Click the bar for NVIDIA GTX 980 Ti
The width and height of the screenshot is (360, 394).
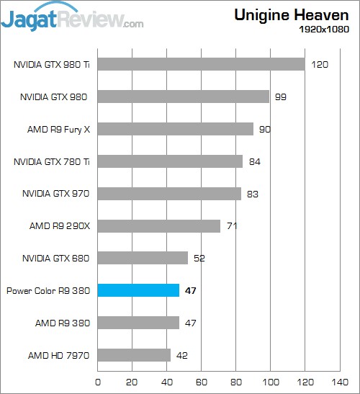click(201, 64)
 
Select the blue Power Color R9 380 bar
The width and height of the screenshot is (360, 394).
click(138, 290)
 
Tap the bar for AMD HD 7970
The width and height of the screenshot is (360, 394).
click(134, 355)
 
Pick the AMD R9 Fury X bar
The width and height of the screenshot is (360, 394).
click(175, 129)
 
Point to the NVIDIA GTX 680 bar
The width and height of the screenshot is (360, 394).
click(143, 258)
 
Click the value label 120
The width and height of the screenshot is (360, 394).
click(320, 65)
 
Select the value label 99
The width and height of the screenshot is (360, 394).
click(281, 97)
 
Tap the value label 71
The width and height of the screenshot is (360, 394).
click(232, 226)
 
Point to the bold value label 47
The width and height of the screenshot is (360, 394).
click(191, 291)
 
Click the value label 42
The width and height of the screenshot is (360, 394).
click(182, 355)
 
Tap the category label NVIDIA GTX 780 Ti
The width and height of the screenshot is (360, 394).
click(52, 161)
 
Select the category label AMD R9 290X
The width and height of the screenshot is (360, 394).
click(60, 226)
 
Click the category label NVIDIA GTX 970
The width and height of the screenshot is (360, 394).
click(56, 194)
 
